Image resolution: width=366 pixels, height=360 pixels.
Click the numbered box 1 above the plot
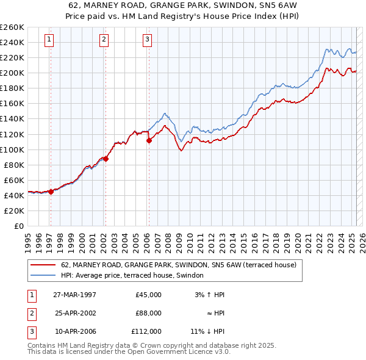point(49,40)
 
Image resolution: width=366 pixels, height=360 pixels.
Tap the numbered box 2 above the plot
point(104,40)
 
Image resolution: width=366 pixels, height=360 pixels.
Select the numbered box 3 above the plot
point(148,40)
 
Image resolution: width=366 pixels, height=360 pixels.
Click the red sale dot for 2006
point(149,140)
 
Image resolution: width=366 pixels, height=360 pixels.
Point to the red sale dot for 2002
point(106,159)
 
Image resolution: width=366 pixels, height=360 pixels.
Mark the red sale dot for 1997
point(51,191)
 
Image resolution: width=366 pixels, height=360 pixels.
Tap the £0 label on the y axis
point(18,226)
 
